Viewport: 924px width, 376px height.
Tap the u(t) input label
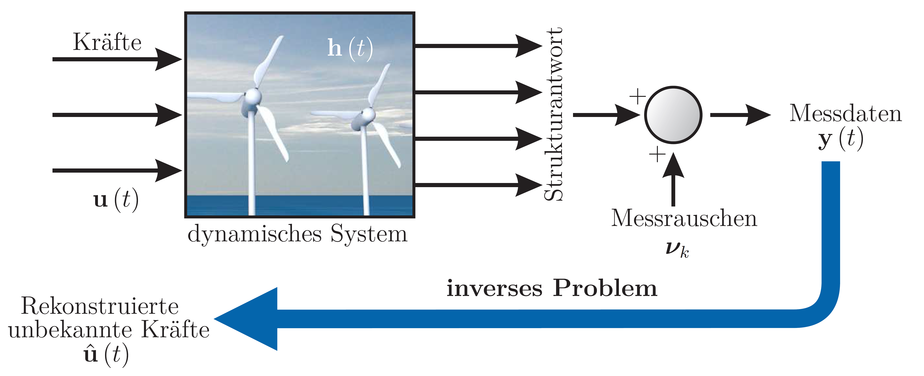click(x=115, y=200)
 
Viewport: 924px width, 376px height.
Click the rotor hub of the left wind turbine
click(x=253, y=97)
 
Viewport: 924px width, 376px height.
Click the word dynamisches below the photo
click(x=255, y=234)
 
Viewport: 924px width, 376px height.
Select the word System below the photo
click(x=369, y=234)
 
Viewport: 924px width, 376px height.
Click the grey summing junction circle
click(x=673, y=115)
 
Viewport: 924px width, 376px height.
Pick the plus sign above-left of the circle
click(x=638, y=96)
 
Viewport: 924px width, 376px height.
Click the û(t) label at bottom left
click(x=106, y=355)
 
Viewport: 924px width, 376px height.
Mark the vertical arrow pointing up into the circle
click(x=673, y=180)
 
